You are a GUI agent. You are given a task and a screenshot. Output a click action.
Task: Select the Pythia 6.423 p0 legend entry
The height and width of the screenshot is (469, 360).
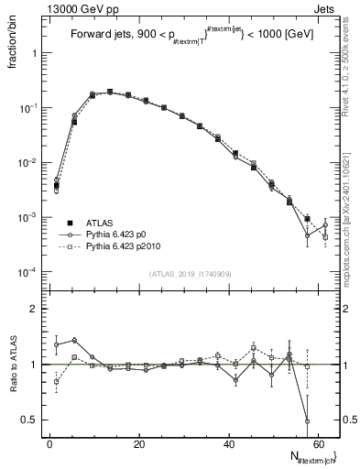click(112, 234)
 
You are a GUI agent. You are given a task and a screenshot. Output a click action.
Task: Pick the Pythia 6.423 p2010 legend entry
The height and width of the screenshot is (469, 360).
click(117, 247)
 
